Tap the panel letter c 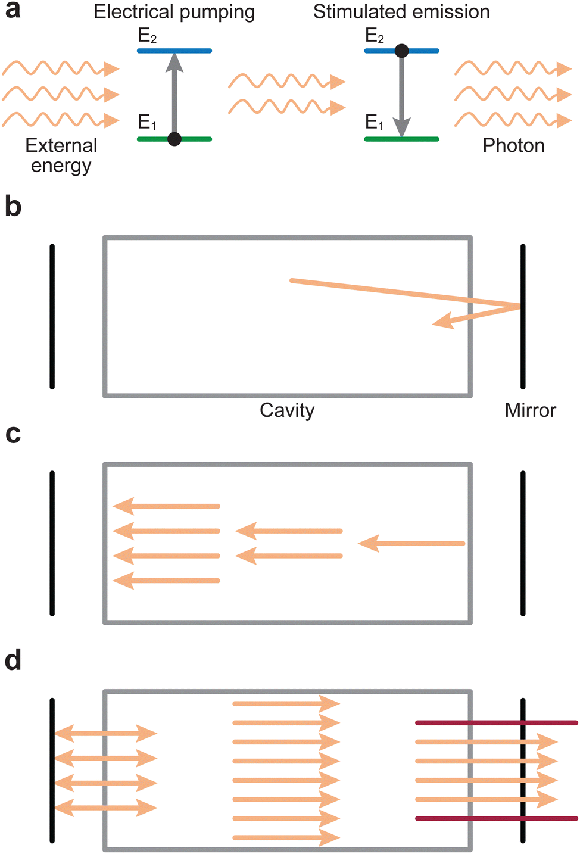pyautogui.click(x=13, y=435)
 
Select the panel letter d pyautogui.click(x=13, y=661)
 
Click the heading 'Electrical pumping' pyautogui.click(x=174, y=12)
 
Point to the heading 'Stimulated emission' pyautogui.click(x=401, y=12)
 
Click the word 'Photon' pyautogui.click(x=513, y=146)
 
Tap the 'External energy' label pyautogui.click(x=61, y=155)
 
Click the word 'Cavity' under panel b pyautogui.click(x=286, y=410)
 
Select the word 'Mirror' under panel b pyautogui.click(x=530, y=410)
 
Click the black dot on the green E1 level pyautogui.click(x=174, y=139)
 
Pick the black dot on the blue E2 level pyautogui.click(x=402, y=51)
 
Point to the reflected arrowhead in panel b pyautogui.click(x=443, y=322)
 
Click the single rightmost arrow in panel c pyautogui.click(x=411, y=543)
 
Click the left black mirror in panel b pyautogui.click(x=52, y=316)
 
